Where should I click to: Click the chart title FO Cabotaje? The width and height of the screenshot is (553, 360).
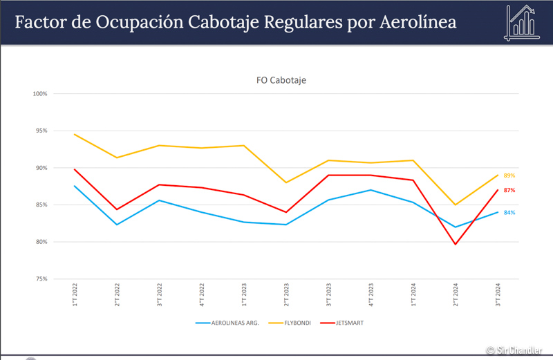click(x=281, y=80)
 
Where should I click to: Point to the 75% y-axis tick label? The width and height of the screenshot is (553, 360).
click(x=40, y=279)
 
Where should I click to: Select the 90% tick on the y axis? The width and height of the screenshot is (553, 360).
click(x=40, y=168)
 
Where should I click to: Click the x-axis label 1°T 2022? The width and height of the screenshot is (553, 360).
click(x=75, y=294)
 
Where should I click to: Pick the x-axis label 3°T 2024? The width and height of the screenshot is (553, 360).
click(x=498, y=294)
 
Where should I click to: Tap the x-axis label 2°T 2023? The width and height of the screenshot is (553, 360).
click(x=286, y=294)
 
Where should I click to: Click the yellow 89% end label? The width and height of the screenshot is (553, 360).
click(x=509, y=176)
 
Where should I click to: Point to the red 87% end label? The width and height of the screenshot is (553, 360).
click(x=509, y=190)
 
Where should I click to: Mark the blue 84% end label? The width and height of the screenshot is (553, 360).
click(x=509, y=213)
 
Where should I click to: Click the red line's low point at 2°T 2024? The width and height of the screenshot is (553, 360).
click(x=456, y=244)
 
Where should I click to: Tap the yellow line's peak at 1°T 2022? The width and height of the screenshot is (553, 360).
click(x=75, y=134)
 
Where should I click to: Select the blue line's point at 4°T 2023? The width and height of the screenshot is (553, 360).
click(x=371, y=190)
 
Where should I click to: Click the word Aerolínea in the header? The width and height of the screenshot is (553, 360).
click(x=418, y=22)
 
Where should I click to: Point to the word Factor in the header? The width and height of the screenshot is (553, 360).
click(x=43, y=22)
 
